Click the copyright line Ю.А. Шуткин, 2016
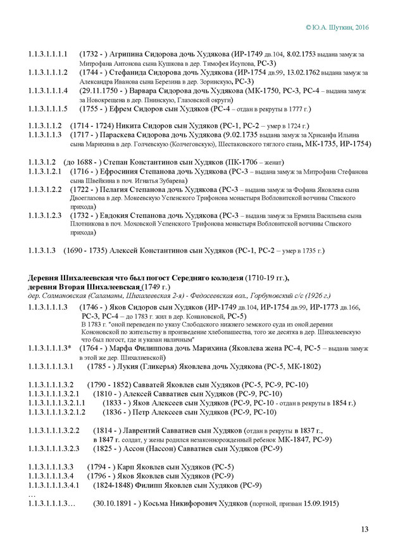pyautogui.click(x=337, y=28)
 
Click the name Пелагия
pyautogui.click(x=124, y=189)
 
